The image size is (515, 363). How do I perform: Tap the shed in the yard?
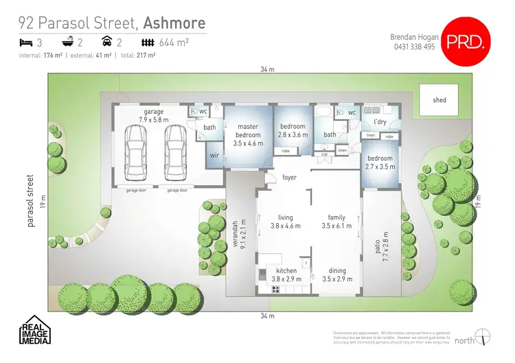(439, 100)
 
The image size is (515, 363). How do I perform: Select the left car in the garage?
(135, 150)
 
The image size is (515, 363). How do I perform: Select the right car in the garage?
(174, 150)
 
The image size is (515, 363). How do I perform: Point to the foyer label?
(290, 177)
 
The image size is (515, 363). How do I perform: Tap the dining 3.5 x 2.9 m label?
(337, 275)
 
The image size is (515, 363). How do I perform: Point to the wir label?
(214, 155)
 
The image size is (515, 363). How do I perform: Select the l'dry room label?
(380, 121)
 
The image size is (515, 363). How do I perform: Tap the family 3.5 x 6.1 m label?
(337, 222)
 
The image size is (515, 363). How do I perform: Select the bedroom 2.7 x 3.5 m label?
(380, 162)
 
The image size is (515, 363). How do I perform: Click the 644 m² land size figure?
(175, 43)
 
